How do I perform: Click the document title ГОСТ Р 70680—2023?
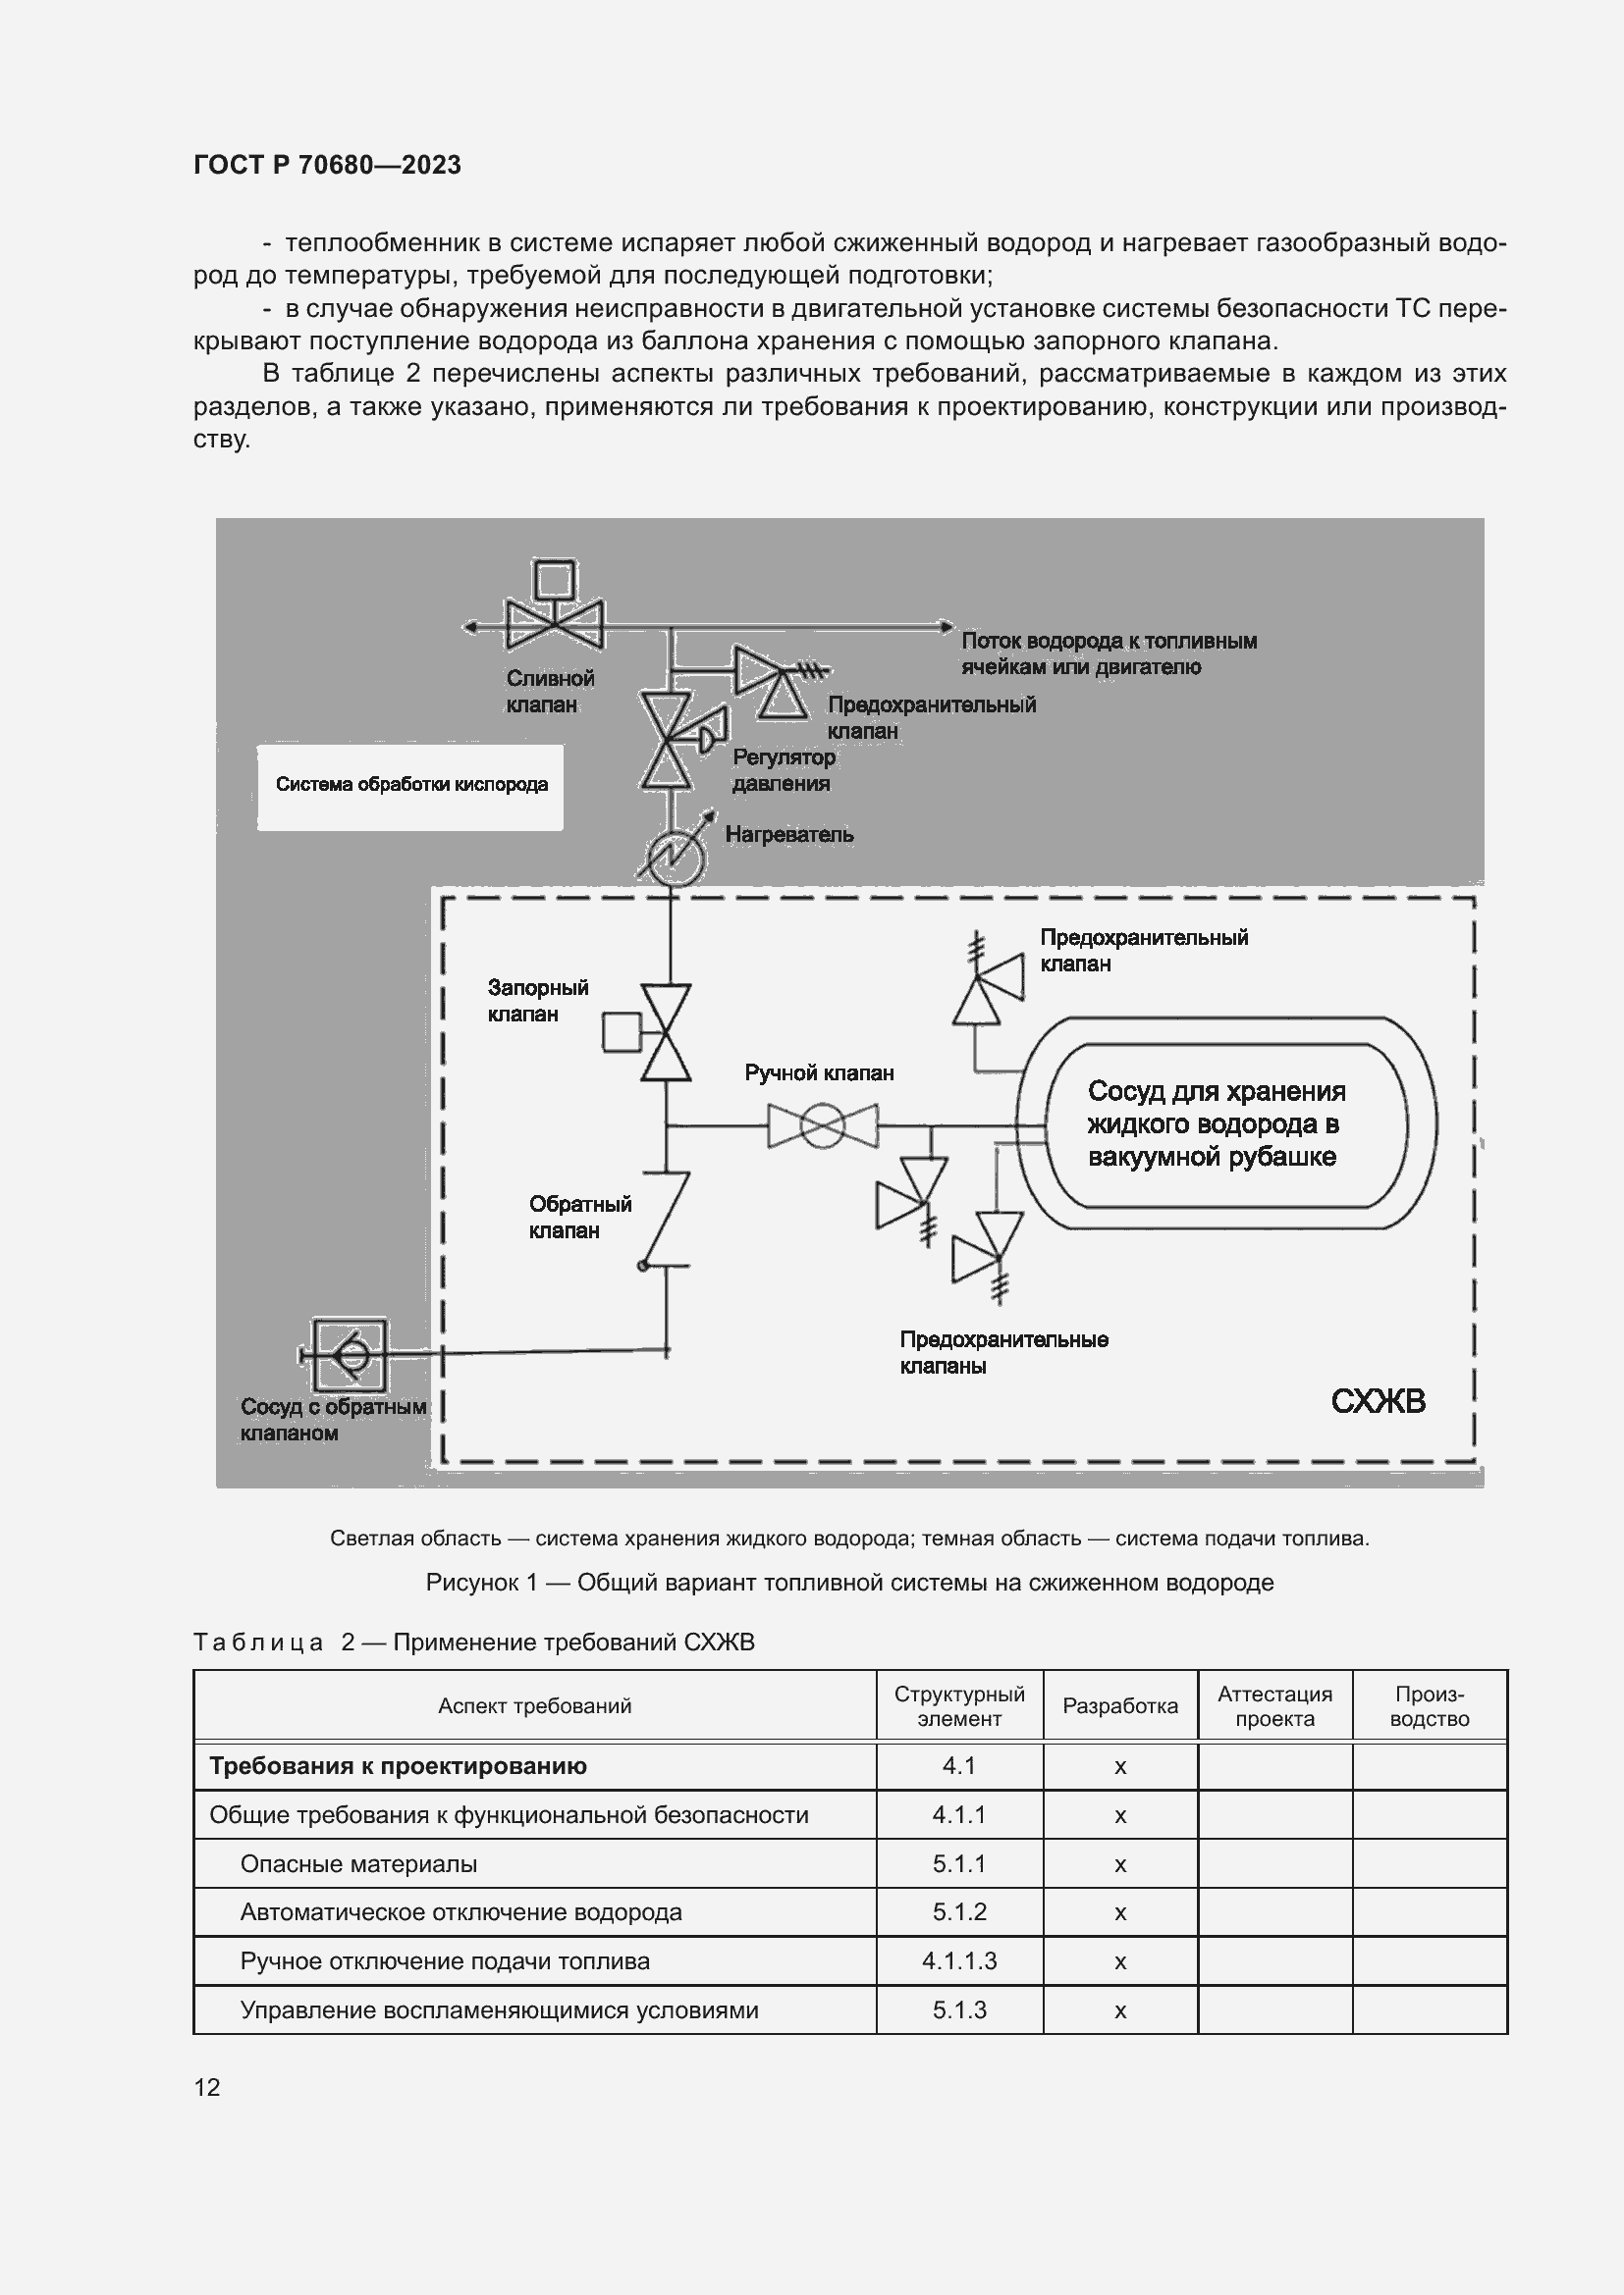coord(327,165)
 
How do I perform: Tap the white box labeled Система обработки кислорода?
coord(410,786)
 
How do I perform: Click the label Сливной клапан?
coord(549,692)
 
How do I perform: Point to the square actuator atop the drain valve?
coord(554,580)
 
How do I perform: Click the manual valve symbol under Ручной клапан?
coord(822,1126)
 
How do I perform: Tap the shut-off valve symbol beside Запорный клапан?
coord(666,1032)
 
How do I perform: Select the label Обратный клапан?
coord(580,1218)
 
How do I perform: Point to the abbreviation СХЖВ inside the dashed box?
coord(1377,1401)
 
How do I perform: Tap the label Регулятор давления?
coord(782,770)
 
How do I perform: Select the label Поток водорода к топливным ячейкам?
coord(1108,653)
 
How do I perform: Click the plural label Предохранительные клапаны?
coord(1003,1352)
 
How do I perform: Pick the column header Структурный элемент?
coord(959,1706)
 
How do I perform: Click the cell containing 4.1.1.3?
coord(959,1961)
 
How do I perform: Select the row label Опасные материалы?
coord(358,1864)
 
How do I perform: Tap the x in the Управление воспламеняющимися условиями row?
coord(1120,2010)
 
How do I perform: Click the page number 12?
coord(207,2087)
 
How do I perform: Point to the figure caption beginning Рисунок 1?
coord(849,1583)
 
